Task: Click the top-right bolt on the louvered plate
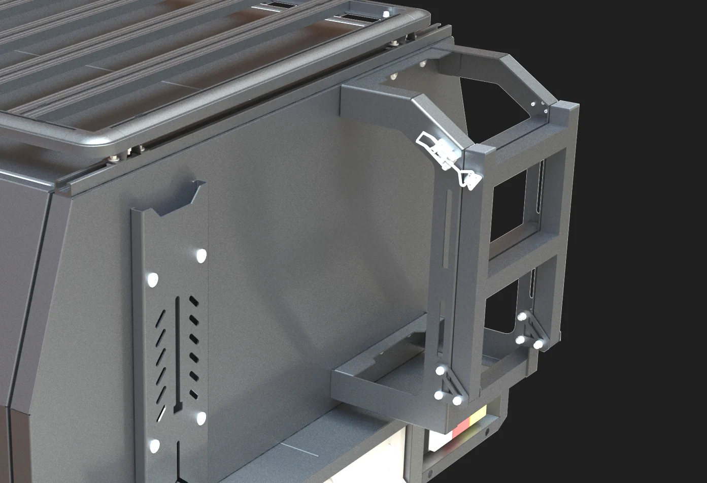click(x=201, y=255)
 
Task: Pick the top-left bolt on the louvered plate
click(x=152, y=279)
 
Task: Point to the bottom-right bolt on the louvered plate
click(x=201, y=418)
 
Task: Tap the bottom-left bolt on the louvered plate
click(x=154, y=446)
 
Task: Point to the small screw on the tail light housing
click(x=487, y=431)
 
